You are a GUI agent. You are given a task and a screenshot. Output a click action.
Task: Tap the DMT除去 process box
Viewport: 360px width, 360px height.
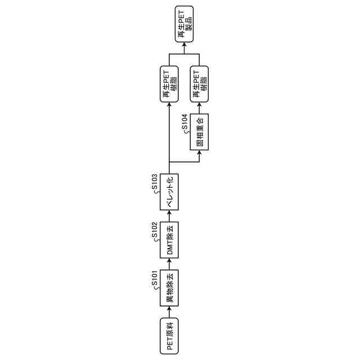coord(169,239)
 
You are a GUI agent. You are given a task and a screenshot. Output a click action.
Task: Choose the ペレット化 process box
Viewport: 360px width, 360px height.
coord(169,192)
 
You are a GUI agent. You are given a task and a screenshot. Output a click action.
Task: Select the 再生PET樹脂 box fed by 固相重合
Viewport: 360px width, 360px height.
coord(200,84)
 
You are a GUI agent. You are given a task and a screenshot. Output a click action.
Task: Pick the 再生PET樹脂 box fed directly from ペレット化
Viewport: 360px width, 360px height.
coord(169,84)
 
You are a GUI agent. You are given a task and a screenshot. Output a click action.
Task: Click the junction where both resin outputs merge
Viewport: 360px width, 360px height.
coord(184,54)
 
